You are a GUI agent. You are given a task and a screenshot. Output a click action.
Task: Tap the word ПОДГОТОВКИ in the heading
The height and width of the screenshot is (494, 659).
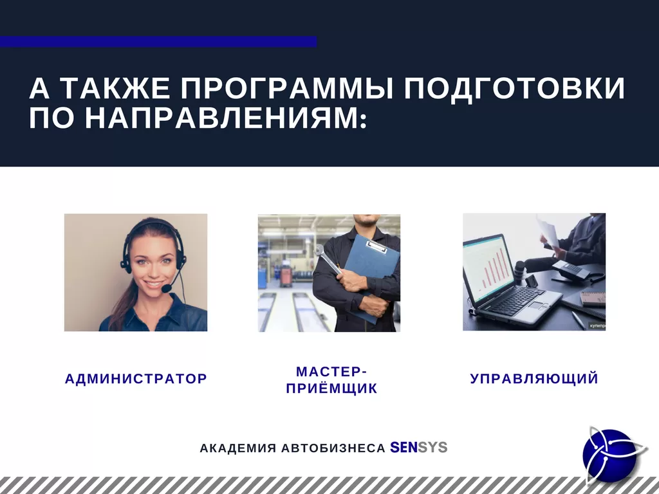coord(514,89)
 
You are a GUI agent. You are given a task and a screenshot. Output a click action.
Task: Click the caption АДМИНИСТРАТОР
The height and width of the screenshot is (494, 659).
coord(136,379)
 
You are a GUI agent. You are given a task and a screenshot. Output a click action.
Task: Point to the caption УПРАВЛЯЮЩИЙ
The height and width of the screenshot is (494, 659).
coord(534,379)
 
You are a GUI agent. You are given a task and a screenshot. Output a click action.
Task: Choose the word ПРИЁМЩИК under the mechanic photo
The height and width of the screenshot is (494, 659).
coord(331,389)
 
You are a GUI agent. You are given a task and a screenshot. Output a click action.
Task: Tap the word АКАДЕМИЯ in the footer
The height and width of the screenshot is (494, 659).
coord(237,448)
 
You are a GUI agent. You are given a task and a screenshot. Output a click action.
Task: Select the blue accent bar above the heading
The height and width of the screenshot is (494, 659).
coord(158,41)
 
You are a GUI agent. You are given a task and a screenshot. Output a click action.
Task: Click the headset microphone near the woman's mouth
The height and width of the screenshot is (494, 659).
coord(167,289)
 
